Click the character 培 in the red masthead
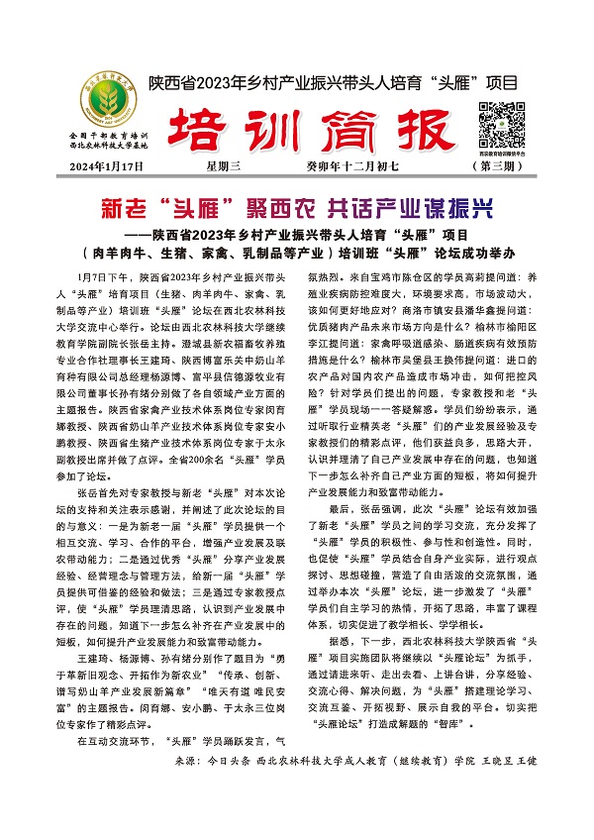click(198, 126)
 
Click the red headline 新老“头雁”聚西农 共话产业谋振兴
click(297, 209)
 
